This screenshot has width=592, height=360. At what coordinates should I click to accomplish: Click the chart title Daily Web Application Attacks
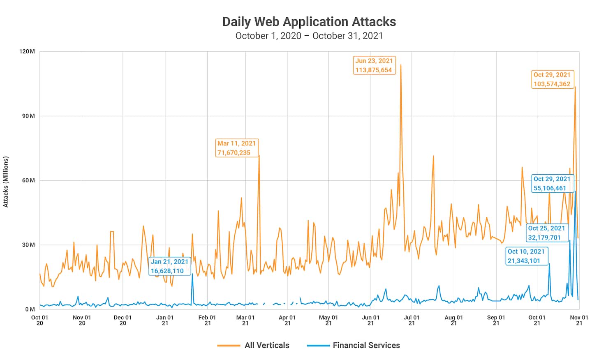click(309, 22)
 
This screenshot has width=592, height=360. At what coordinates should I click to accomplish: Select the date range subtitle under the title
click(309, 36)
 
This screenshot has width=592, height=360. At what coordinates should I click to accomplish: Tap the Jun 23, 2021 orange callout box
click(374, 65)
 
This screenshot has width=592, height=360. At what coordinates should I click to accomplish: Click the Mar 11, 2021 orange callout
click(237, 148)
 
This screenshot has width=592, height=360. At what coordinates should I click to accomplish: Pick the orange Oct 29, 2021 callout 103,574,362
click(552, 79)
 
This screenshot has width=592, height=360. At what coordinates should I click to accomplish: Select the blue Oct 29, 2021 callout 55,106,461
click(552, 184)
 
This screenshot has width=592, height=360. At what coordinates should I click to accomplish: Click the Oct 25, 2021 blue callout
click(546, 233)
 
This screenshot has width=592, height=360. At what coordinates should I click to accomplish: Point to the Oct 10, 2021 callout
click(526, 256)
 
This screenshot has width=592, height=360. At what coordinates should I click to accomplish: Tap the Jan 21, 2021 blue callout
click(169, 266)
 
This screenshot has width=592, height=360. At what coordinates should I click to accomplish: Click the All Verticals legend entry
click(254, 345)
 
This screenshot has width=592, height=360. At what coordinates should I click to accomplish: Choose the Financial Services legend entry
click(354, 345)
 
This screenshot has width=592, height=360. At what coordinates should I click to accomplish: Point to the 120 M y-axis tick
click(27, 51)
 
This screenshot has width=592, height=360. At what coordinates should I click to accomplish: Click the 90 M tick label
click(28, 116)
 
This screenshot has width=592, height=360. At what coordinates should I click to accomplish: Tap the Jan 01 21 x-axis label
click(165, 320)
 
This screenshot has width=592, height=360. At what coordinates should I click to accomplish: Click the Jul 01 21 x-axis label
click(412, 320)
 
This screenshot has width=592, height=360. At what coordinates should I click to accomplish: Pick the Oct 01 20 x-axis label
click(39, 320)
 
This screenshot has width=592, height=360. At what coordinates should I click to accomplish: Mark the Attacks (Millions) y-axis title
click(6, 182)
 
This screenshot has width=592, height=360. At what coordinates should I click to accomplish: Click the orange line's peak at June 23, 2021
click(401, 65)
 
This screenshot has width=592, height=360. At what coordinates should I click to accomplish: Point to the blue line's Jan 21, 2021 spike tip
click(192, 274)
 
